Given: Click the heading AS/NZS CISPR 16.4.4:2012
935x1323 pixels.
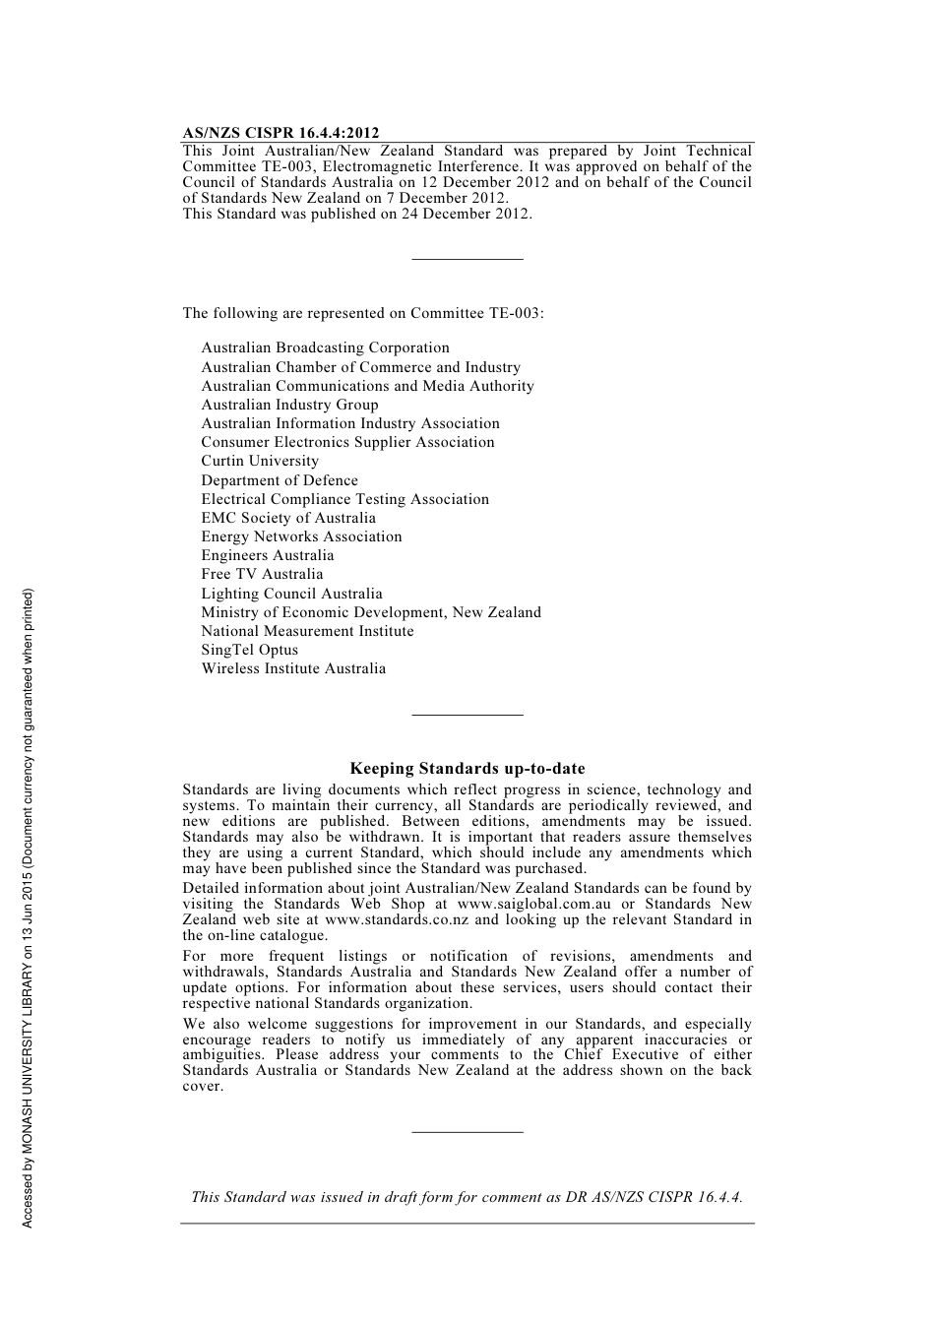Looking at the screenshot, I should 280,133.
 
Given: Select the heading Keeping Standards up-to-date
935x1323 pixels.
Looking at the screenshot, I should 467,769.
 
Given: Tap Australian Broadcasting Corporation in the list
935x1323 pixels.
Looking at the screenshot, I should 325,347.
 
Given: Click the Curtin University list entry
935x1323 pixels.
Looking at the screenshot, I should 260,461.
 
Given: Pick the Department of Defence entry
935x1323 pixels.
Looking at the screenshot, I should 280,480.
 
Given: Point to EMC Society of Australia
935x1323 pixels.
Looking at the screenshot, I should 288,518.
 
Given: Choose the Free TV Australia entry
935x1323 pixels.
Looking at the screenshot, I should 262,574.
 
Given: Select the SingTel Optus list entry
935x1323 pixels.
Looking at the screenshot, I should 249,650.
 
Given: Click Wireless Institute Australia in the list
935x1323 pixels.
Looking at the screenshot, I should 293,668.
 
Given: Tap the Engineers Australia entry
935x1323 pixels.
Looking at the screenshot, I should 267,555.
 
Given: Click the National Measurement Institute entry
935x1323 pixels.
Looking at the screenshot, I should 307,631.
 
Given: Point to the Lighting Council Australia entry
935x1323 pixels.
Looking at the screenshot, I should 291,594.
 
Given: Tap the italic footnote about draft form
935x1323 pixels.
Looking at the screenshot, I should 467,1197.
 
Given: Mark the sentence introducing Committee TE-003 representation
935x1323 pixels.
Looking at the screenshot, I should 362,313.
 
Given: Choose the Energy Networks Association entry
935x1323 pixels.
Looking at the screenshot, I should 301,536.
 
